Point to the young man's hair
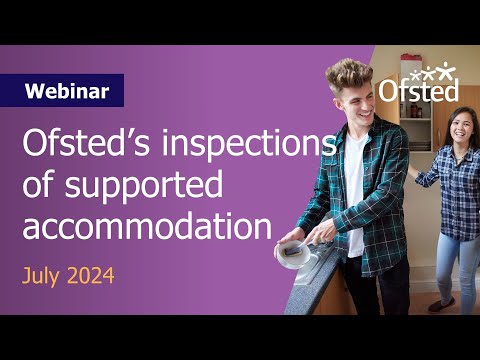click(349, 73)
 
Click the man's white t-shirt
click(355, 190)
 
